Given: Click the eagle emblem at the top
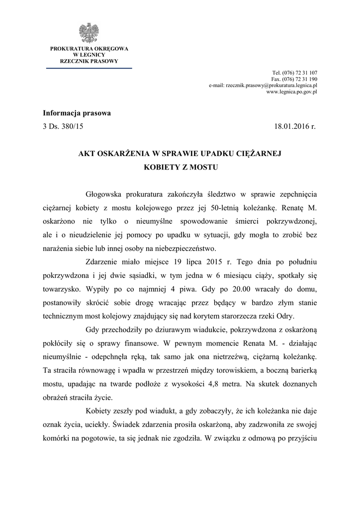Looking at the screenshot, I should click(x=89, y=33).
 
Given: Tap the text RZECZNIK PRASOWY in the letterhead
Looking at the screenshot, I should click(x=89, y=61).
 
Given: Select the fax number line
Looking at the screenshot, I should click(x=294, y=79).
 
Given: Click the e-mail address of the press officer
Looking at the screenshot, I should click(x=263, y=85).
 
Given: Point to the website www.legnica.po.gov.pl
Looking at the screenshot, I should click(x=292, y=92).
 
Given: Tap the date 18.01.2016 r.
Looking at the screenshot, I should click(x=295, y=127).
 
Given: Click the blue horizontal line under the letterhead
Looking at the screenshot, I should click(x=89, y=68).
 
